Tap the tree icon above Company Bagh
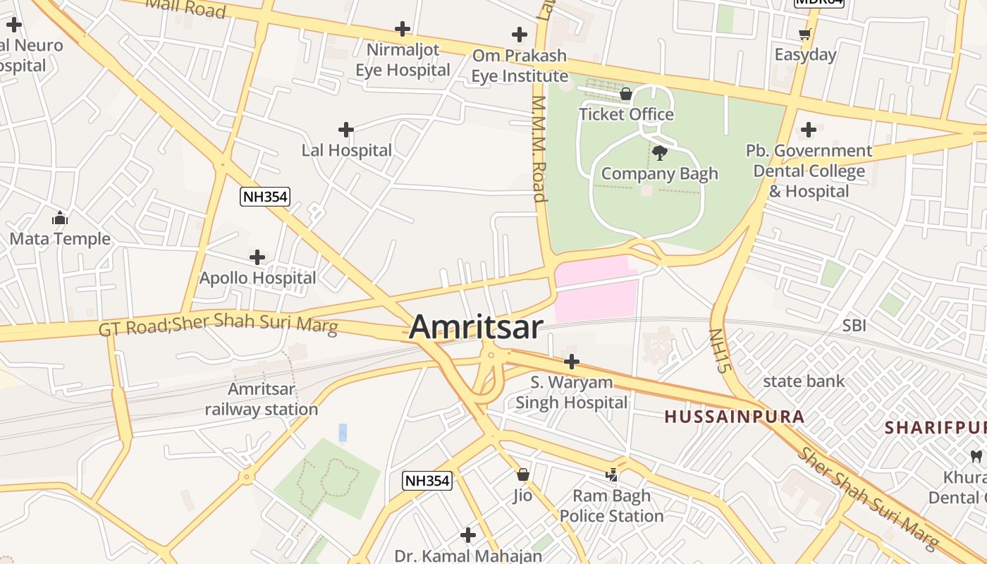pyautogui.click(x=660, y=152)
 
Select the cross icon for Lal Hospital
pyautogui.click(x=345, y=130)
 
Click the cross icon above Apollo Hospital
pyautogui.click(x=257, y=257)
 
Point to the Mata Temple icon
pyautogui.click(x=60, y=218)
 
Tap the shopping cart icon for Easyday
pyautogui.click(x=804, y=34)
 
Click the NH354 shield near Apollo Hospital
pyautogui.click(x=265, y=197)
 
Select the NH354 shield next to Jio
pyautogui.click(x=427, y=481)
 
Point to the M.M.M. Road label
pyautogui.click(x=539, y=148)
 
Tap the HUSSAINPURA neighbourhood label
pyautogui.click(x=734, y=417)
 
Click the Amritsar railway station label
pyautogui.click(x=262, y=399)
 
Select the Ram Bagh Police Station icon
pyautogui.click(x=611, y=476)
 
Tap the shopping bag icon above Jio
pyautogui.click(x=522, y=474)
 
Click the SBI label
pyautogui.click(x=854, y=326)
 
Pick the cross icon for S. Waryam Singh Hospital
pyautogui.click(x=571, y=362)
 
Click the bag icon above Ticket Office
pyautogui.click(x=625, y=94)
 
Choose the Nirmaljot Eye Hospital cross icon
pyautogui.click(x=402, y=29)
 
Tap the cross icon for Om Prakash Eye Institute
pyautogui.click(x=519, y=34)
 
